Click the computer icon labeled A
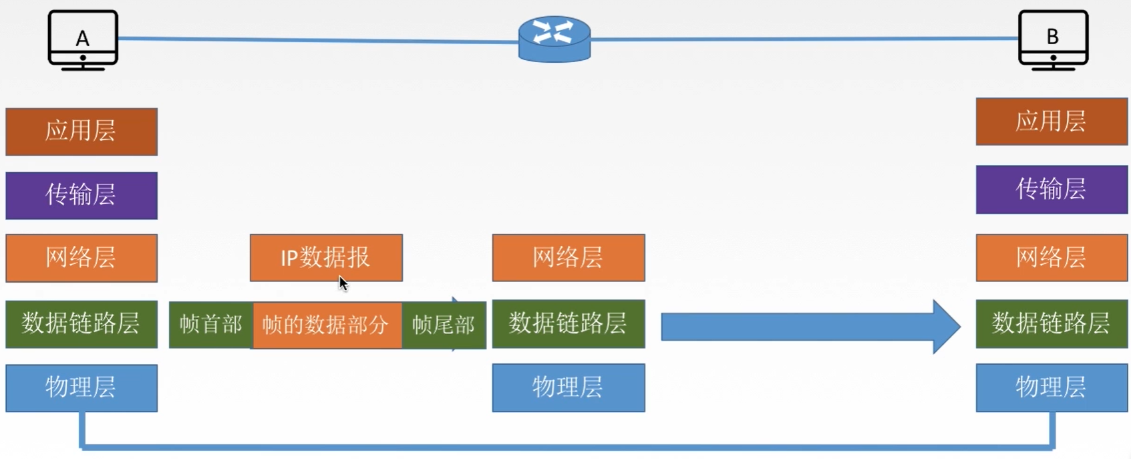[83, 40]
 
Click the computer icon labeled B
[1053, 40]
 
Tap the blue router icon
[554, 39]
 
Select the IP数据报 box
[326, 257]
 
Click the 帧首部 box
[211, 325]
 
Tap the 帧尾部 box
[444, 325]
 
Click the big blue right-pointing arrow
[810, 326]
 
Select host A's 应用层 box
[82, 132]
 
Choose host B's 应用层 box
[1052, 122]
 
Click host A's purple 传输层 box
[82, 195]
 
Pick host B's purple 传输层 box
[1052, 189]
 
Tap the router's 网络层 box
[569, 257]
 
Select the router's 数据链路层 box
[569, 323]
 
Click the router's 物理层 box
[569, 388]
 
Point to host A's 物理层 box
[82, 388]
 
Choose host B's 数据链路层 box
[1052, 323]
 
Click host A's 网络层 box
[82, 257]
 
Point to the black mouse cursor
[343, 284]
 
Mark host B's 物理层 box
[1052, 388]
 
